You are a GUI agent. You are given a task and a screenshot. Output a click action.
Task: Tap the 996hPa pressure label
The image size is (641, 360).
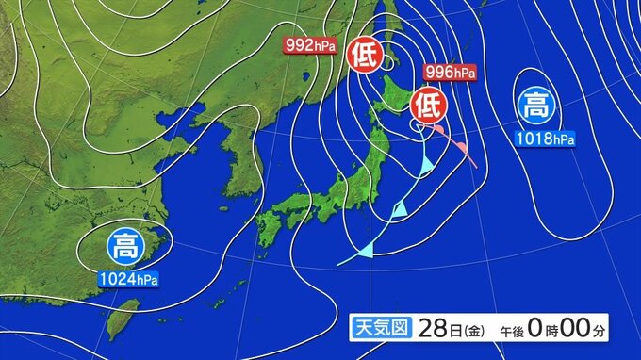[450, 72]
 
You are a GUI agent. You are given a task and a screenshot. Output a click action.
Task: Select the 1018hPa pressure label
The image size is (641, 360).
[544, 139]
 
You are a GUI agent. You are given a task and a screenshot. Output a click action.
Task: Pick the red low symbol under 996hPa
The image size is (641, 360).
[429, 101]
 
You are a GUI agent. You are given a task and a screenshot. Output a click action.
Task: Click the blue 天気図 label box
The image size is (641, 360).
[379, 329]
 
